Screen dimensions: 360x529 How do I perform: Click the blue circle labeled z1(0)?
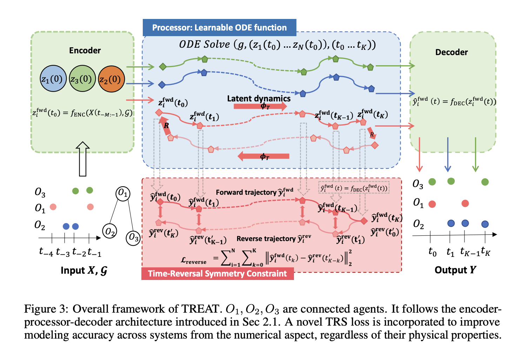point(52,79)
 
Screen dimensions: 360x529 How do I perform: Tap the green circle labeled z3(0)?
point(81,79)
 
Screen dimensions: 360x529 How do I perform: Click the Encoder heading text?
point(85,51)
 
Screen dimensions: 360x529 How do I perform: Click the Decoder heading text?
point(451,52)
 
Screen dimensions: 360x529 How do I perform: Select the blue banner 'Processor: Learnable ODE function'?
point(219,28)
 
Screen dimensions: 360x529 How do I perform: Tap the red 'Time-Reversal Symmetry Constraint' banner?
point(217,274)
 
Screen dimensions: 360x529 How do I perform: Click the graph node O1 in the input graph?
point(123,193)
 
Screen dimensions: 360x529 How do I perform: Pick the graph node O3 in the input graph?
point(133,238)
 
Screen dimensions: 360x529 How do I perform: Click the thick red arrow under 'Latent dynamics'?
point(260,106)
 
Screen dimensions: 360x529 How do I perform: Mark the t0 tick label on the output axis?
point(432,252)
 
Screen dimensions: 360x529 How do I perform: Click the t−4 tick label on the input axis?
point(46,252)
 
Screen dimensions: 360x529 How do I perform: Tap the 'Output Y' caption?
point(455,270)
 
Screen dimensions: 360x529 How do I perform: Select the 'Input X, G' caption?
point(83,270)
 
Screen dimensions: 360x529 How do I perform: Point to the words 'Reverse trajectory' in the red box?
point(266,239)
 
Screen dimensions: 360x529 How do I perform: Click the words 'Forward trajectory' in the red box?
point(246,192)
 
